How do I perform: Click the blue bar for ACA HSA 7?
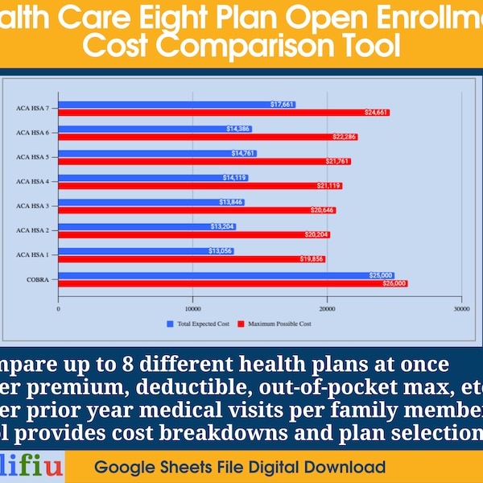click(161, 105)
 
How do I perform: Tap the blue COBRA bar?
click(209, 275)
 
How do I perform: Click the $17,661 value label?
click(283, 105)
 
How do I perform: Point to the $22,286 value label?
click(345, 137)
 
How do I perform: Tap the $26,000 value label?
click(394, 283)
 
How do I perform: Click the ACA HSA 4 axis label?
click(32, 181)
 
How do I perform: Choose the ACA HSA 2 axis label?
click(32, 230)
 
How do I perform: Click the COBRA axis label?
click(38, 279)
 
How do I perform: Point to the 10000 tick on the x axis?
click(192, 308)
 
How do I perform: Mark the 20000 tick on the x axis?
click(327, 308)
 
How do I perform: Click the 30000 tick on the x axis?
click(460, 308)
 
